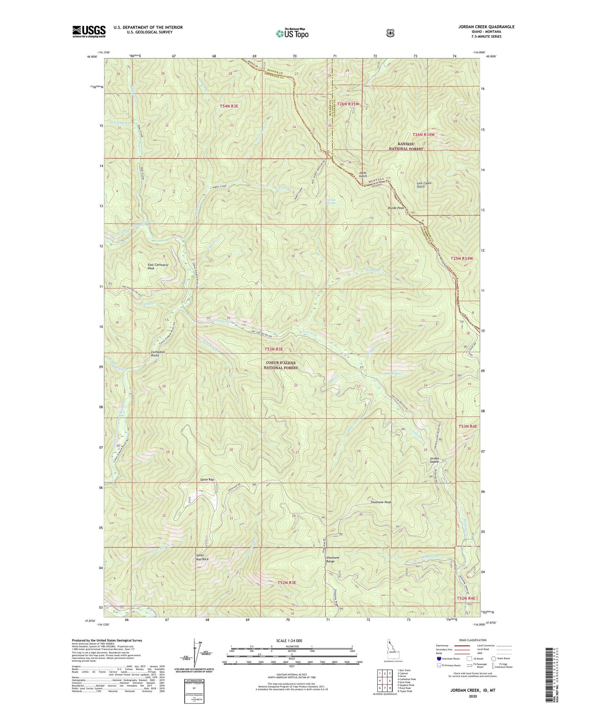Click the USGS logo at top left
coord(89,31)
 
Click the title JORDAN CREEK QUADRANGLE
coord(480,27)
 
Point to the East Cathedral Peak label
coord(158,267)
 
